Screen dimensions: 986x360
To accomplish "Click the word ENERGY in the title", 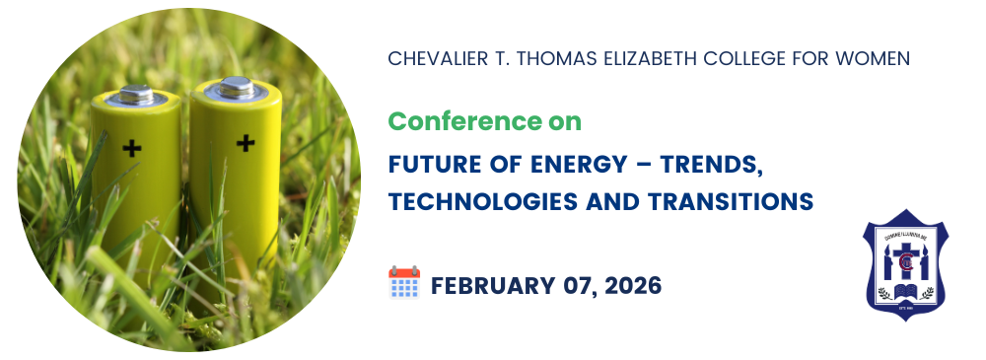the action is point(579,165).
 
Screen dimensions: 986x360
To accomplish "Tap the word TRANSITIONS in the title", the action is point(731,202).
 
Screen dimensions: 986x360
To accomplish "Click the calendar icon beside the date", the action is point(404,282).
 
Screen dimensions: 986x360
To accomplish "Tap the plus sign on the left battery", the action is point(132,148).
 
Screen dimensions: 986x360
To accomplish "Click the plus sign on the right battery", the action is point(246,143).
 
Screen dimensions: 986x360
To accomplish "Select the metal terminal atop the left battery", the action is point(136,95).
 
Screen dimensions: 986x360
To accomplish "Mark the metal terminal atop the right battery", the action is point(236,88).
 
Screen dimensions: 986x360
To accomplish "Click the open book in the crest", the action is point(905,291).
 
